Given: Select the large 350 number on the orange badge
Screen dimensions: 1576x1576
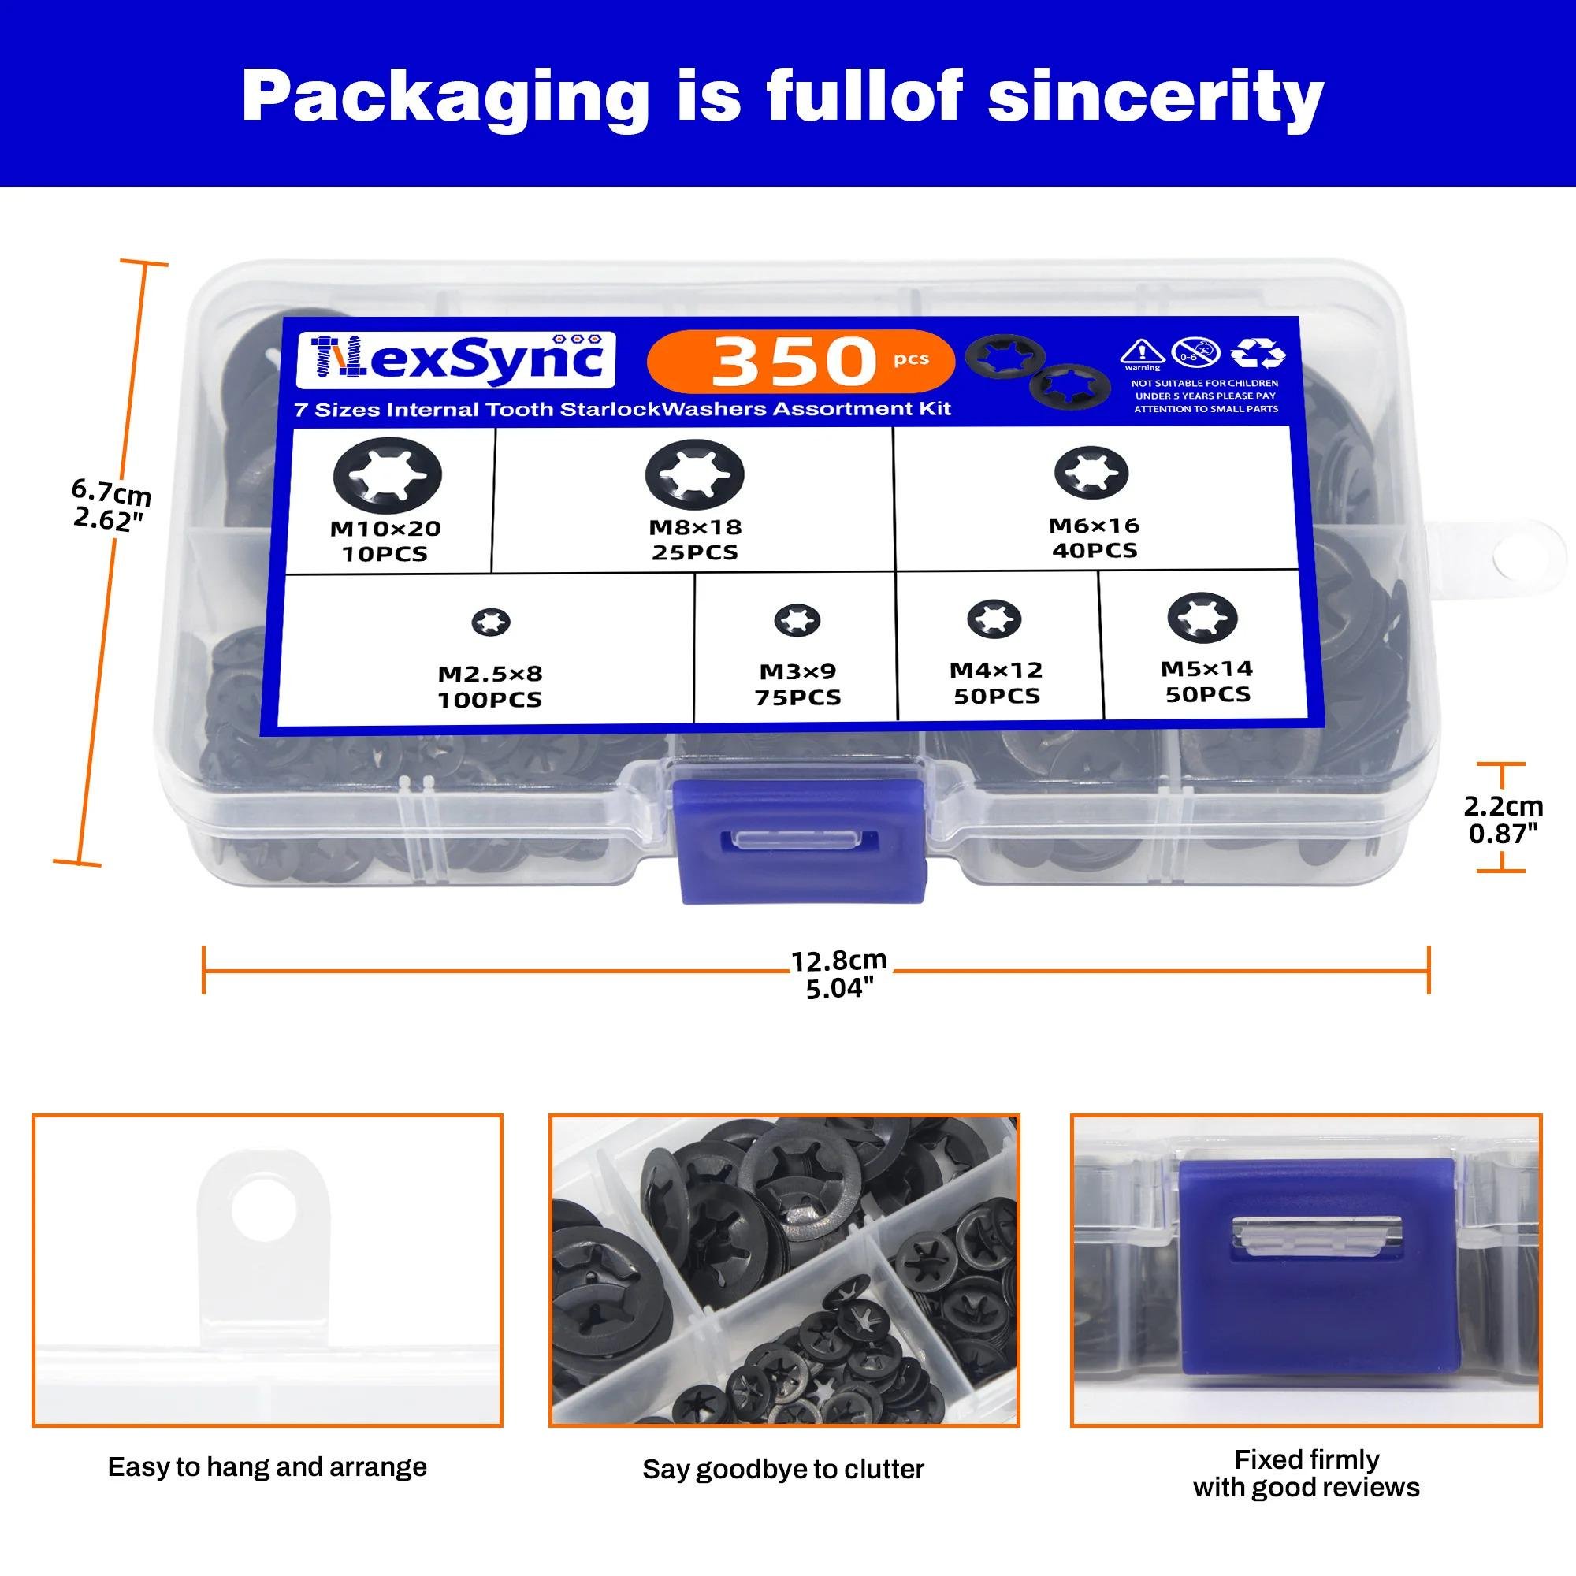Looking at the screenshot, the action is (792, 362).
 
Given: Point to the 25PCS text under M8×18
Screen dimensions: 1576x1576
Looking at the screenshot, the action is (694, 552).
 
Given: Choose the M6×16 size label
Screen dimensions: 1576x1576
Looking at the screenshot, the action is (1094, 526).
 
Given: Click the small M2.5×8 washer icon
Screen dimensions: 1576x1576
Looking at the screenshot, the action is (491, 623).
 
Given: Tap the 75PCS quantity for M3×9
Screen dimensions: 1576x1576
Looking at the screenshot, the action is (797, 697).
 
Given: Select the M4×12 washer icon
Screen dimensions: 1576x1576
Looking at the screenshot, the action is (994, 620).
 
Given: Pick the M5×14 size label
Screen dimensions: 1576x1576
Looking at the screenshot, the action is (1206, 669).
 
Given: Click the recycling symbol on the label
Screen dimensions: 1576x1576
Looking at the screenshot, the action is (1258, 354).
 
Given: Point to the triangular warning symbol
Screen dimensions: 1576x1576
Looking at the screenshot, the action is (1142, 351).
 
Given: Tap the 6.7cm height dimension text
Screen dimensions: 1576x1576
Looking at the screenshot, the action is (112, 492).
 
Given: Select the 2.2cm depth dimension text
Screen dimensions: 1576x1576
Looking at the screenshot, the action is (1504, 806).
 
